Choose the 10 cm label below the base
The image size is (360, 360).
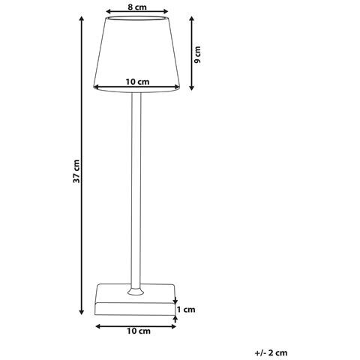136,329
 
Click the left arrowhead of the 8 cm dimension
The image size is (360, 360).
108,12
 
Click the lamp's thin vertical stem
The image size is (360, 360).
136,187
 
